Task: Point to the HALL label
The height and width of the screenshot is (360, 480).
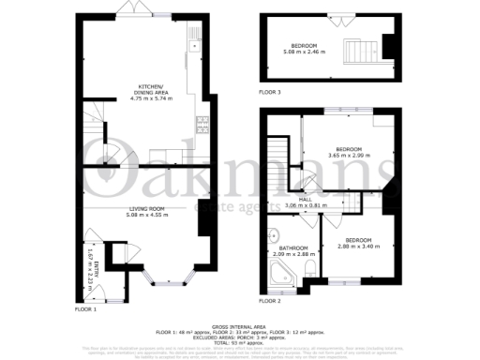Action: point(330,200)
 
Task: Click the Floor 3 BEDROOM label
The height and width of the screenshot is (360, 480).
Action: point(303,46)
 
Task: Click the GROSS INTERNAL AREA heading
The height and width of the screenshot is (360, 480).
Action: point(240,320)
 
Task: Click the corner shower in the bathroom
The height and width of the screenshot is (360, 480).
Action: point(277,273)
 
